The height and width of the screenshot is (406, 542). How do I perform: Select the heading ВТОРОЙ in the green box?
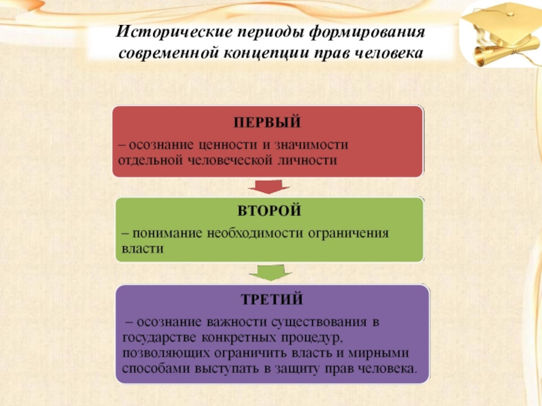point(268,211)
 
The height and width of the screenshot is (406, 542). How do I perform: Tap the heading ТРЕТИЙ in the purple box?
point(271,298)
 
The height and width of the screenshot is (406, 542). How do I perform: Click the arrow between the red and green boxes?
point(268,187)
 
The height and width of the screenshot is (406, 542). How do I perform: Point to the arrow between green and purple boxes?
point(269,273)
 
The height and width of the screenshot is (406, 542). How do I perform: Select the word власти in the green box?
point(143,249)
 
